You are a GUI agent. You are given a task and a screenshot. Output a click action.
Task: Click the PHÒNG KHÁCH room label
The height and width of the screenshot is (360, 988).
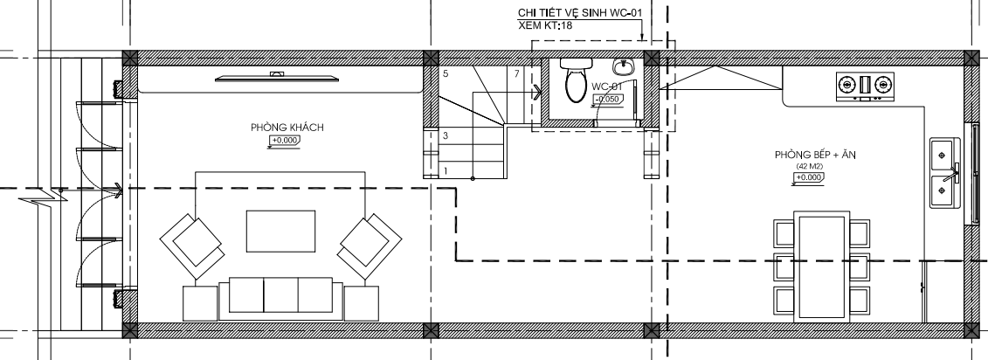pos(287,128)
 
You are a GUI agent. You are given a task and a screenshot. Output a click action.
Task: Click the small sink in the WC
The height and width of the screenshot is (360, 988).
pos(624,66)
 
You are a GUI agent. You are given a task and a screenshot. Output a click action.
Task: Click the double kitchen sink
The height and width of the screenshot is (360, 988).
pos(944,173)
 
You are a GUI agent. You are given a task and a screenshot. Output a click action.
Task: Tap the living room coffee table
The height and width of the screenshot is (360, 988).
pos(280,232)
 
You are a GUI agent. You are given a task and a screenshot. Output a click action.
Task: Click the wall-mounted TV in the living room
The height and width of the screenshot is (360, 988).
pos(277,78)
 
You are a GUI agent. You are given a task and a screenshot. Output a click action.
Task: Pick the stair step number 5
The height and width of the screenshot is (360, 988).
pos(446,73)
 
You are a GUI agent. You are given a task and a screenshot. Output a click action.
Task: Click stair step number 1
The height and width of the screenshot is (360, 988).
pos(446,171)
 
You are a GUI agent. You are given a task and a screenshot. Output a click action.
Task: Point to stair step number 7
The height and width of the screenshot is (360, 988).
pos(516,73)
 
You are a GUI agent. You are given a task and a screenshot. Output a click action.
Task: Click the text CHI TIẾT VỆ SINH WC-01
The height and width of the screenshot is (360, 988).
pos(580,12)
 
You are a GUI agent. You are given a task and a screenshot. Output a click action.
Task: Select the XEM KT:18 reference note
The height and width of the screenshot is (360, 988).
pos(545,26)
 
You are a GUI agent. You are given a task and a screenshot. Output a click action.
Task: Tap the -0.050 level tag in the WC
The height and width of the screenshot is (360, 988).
pos(609,99)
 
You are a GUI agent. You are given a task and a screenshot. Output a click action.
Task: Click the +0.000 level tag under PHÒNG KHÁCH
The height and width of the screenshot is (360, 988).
pos(285,141)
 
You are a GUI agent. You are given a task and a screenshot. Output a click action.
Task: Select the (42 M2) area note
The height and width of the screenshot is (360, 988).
pos(809,166)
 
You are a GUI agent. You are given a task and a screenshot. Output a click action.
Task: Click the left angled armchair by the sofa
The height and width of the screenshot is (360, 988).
pos(193,246)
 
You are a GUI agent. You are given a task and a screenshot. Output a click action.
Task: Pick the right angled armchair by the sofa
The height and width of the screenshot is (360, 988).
pos(370,246)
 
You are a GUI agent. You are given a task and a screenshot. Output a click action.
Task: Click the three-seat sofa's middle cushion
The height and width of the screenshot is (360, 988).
pos(280,294)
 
